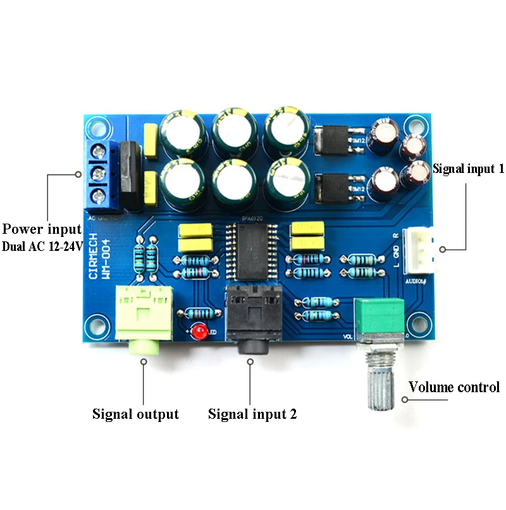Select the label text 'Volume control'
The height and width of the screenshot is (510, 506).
[x=454, y=387]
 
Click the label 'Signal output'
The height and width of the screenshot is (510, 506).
[x=135, y=414]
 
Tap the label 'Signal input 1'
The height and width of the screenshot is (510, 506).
[x=468, y=169]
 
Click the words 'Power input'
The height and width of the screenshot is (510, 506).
[x=42, y=229]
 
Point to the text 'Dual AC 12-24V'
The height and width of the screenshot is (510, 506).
[x=42, y=246]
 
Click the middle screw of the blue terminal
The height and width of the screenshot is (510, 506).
[x=97, y=172]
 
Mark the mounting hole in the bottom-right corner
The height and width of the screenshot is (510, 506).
[x=416, y=323]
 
